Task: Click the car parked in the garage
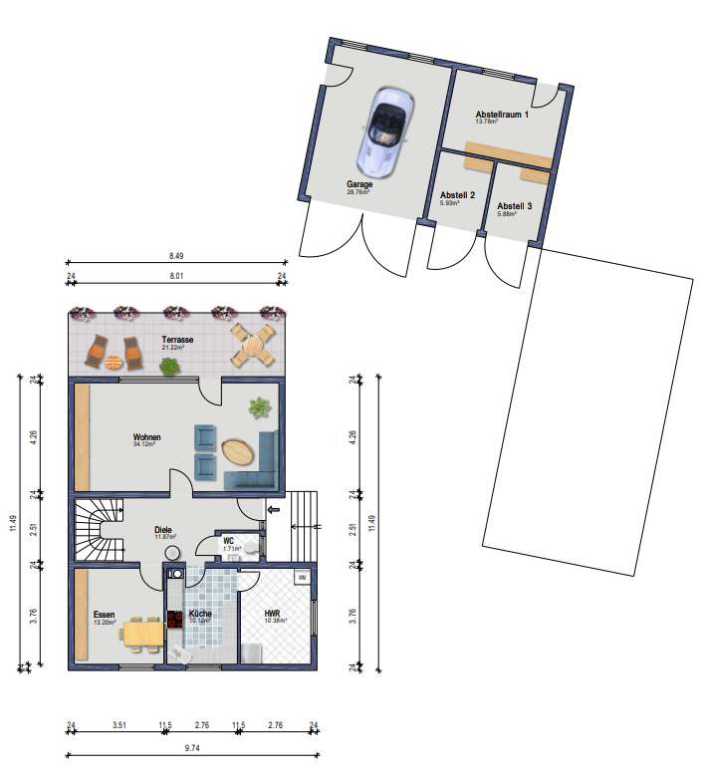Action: (x=382, y=128)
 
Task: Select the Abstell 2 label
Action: (x=457, y=195)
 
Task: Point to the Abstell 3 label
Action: (x=515, y=206)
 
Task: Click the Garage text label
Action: (x=359, y=184)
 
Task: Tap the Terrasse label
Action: (x=177, y=340)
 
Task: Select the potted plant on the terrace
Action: (x=170, y=367)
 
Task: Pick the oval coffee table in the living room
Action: (x=238, y=450)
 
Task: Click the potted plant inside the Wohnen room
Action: (x=260, y=406)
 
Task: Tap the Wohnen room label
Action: (x=147, y=437)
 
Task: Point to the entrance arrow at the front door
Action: (x=275, y=515)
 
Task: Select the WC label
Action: (x=228, y=541)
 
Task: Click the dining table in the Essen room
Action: (x=143, y=632)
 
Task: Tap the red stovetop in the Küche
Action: (x=175, y=619)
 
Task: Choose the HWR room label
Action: (x=273, y=614)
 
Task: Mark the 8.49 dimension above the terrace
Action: (x=176, y=256)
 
